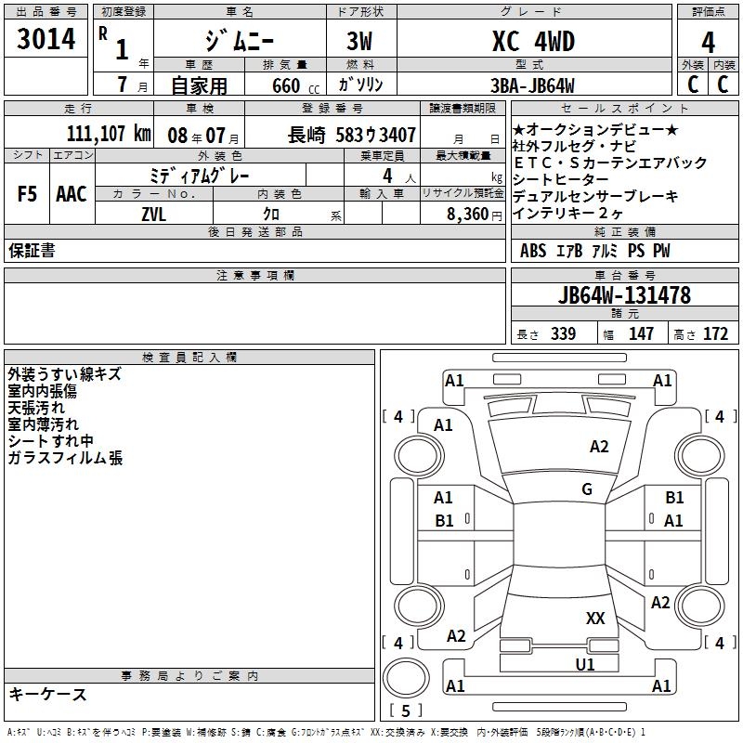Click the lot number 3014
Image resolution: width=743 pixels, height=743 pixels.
coord(46,39)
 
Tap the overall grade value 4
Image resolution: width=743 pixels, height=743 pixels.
coord(708,42)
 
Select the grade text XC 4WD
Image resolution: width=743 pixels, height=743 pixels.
coord(534,41)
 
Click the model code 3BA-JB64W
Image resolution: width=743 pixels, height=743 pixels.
coord(532,85)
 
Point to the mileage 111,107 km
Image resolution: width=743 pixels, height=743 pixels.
coord(109,134)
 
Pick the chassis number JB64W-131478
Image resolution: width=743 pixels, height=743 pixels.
coord(624,295)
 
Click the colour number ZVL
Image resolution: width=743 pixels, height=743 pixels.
coord(153,215)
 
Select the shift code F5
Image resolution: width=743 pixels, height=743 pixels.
coord(27,194)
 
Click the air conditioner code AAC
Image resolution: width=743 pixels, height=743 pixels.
coord(72,194)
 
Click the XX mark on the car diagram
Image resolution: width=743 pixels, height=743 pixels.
coord(595,619)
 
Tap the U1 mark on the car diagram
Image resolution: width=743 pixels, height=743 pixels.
coord(585,665)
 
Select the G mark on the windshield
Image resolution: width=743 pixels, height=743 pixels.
coord(587,489)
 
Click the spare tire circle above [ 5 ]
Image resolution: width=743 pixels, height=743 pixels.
coord(406,679)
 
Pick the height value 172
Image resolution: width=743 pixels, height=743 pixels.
coord(715,334)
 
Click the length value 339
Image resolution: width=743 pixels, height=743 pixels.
coord(563,334)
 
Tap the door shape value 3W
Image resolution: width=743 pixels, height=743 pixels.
coord(359,41)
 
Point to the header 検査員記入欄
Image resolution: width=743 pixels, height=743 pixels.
coord(189,358)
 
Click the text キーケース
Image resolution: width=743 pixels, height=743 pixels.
coord(48,695)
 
